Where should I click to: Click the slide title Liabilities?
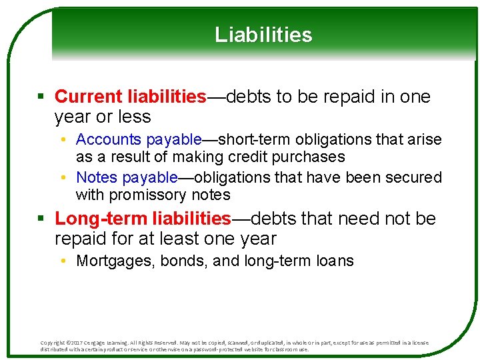[x=263, y=35]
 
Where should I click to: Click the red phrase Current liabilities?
[x=131, y=97]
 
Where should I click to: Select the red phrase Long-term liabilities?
[x=143, y=219]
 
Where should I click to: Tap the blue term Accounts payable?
[x=139, y=139]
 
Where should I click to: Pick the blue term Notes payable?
[x=127, y=177]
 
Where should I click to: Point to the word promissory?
[x=145, y=195]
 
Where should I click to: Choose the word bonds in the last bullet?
[x=183, y=261]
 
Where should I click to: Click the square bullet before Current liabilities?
[x=41, y=97]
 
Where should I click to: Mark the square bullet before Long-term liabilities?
[x=41, y=219]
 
